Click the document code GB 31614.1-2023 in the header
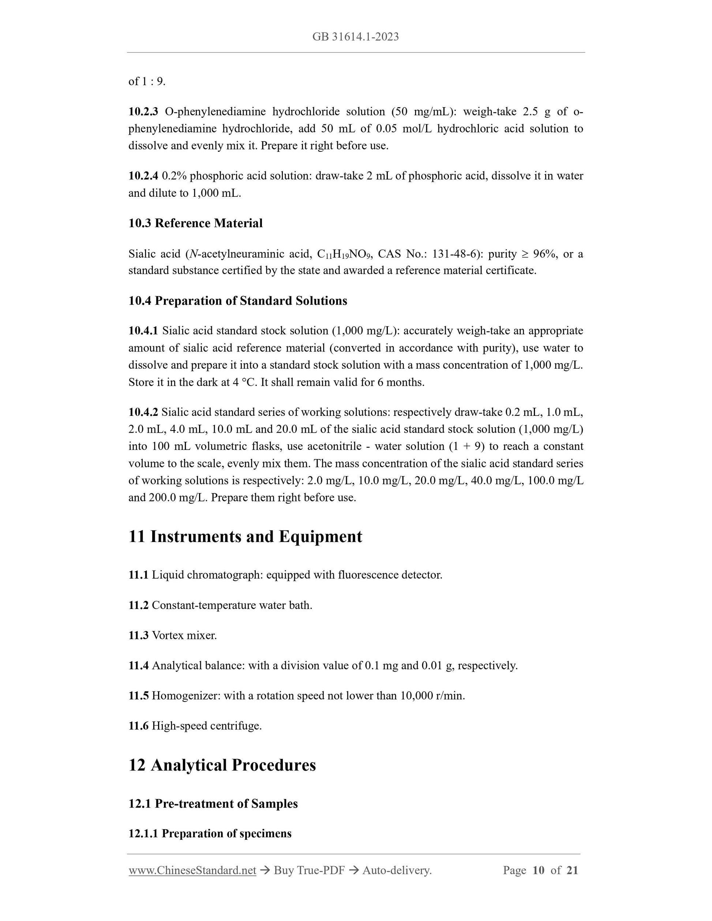point(355,37)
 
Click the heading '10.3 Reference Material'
point(195,223)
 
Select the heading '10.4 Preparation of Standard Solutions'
point(237,301)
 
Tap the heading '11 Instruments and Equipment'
point(245,537)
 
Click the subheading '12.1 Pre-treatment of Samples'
point(213,803)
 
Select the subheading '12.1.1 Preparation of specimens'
point(210,833)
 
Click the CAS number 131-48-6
point(454,254)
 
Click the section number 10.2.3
point(143,112)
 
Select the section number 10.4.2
point(143,412)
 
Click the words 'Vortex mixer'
point(184,635)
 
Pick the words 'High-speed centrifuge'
point(206,726)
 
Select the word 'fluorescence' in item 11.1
point(362,575)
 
